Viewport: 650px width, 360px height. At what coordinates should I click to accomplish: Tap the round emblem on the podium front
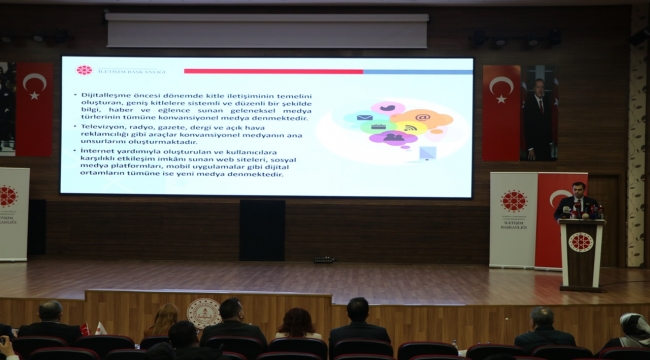point(580,242)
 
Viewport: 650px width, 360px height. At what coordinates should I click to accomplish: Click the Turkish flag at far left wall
point(33,108)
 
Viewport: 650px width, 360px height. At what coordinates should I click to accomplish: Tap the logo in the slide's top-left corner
point(84,71)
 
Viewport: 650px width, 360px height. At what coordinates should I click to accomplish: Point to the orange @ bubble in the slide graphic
point(424,118)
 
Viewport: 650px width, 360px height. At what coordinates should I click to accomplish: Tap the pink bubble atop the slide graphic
point(388,107)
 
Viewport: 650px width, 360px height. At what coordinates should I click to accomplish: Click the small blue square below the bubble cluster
point(428,153)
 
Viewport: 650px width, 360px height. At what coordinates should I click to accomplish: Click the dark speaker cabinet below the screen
point(261,230)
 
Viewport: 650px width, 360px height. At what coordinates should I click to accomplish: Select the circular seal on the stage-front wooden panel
point(203,312)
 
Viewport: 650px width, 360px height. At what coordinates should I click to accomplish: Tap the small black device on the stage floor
point(323,260)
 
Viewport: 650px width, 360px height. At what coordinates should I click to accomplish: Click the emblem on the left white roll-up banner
point(9,196)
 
